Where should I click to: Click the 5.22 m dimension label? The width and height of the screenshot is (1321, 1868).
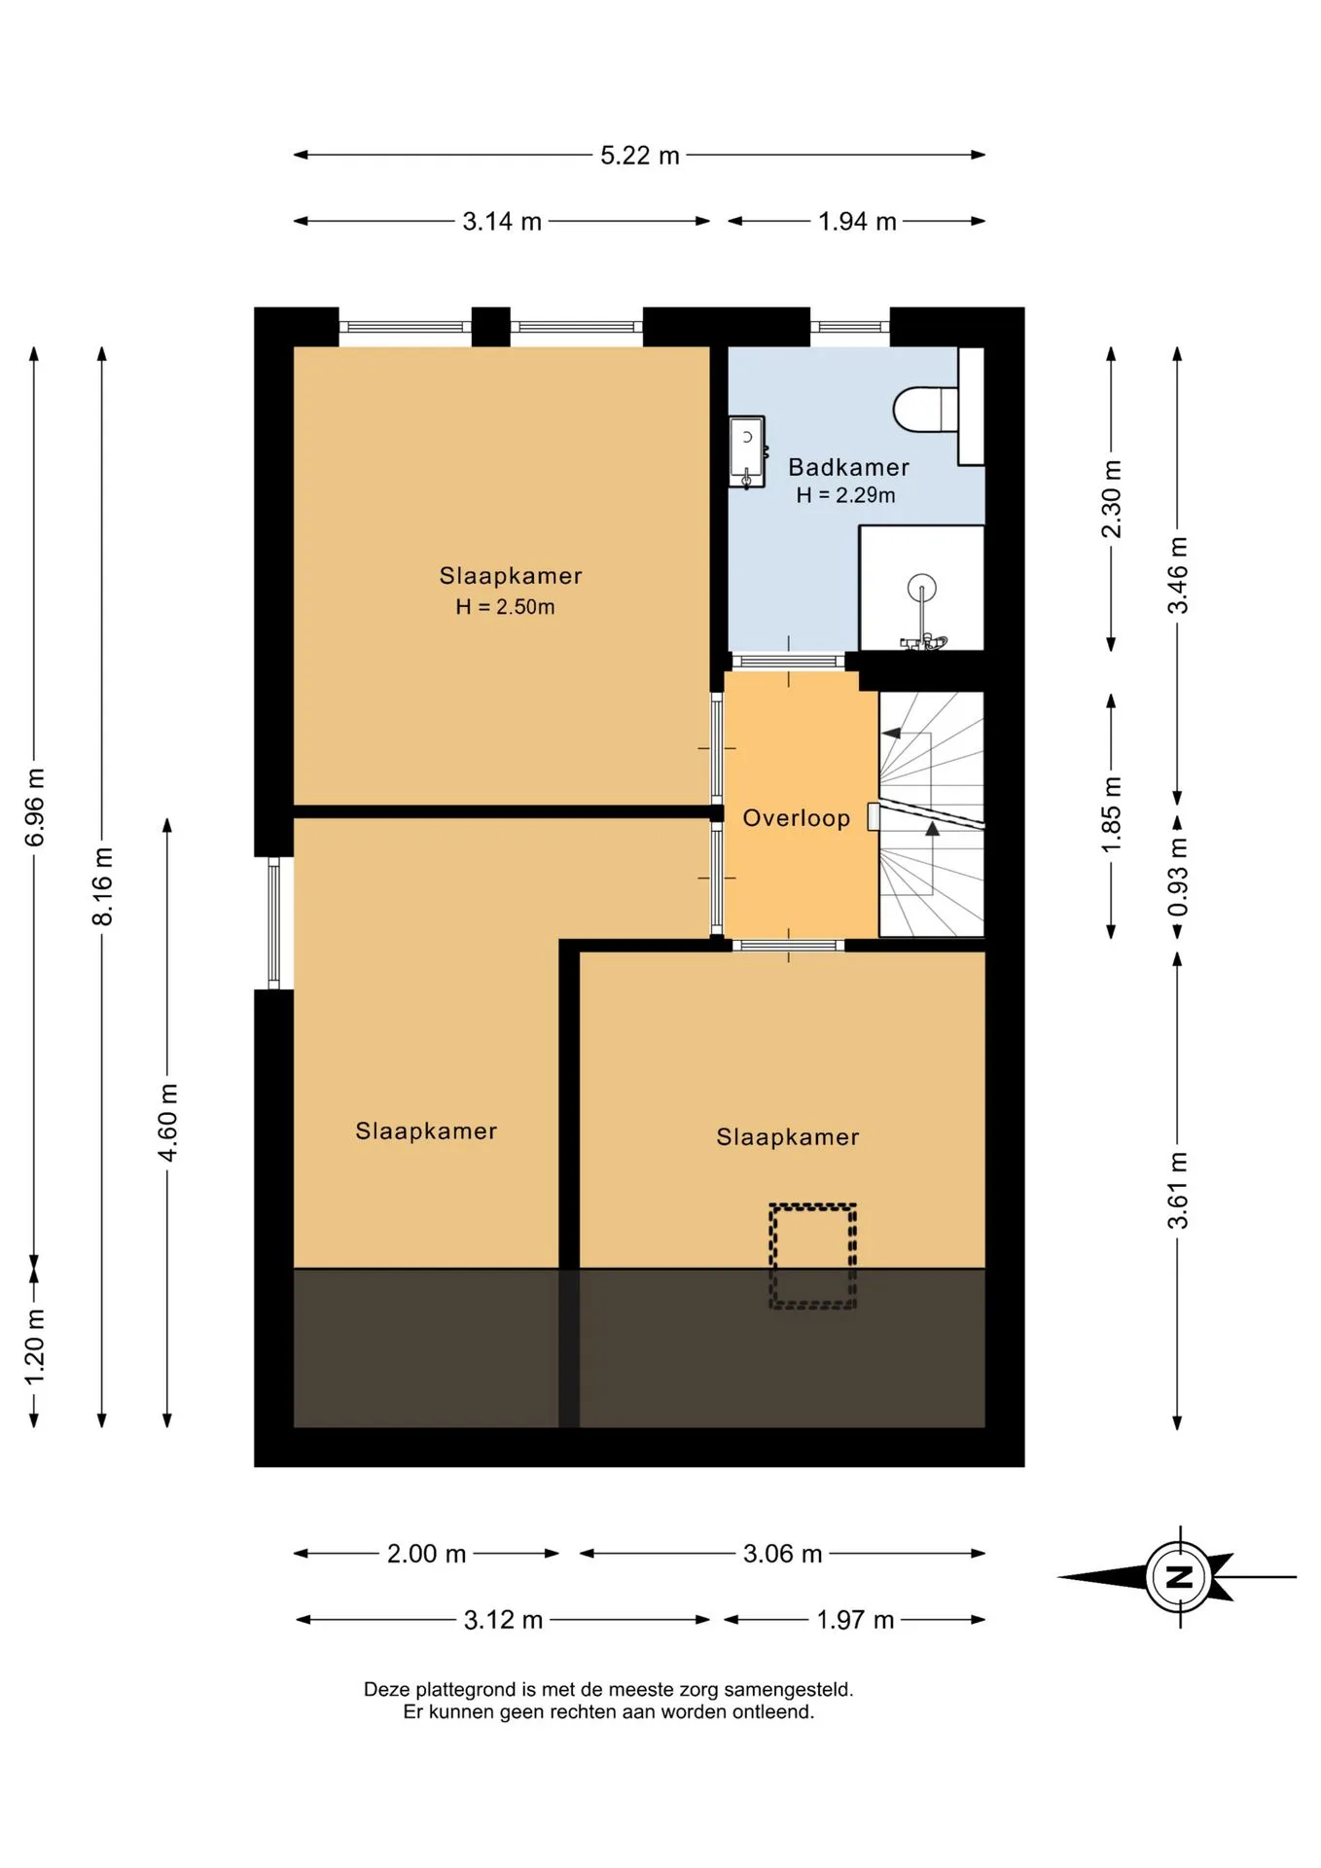[x=639, y=156]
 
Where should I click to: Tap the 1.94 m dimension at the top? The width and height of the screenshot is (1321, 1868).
[x=857, y=222]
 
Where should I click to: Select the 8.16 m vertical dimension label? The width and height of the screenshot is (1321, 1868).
[x=102, y=886]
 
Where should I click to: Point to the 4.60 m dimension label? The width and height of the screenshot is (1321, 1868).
[x=167, y=1122]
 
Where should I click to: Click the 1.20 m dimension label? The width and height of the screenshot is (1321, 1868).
[x=34, y=1347]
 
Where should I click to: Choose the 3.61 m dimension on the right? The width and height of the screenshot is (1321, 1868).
[x=1178, y=1190]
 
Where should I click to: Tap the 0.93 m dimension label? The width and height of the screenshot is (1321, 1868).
[x=1178, y=878]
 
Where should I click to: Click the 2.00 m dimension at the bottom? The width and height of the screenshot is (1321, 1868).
[x=426, y=1554]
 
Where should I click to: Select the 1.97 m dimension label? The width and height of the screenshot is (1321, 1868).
[x=855, y=1620]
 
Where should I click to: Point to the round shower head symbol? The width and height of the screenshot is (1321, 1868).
[x=921, y=588]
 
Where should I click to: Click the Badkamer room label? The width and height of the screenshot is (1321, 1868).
[x=848, y=468]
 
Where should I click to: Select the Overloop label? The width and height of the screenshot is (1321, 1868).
[x=797, y=818]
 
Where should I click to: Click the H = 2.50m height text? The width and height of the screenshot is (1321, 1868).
[x=505, y=607]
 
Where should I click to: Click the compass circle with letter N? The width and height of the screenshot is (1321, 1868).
[x=1179, y=1577]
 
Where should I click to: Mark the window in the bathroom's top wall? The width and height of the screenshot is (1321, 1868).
[x=850, y=327]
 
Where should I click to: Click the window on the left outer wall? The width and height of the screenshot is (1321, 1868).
[x=274, y=923]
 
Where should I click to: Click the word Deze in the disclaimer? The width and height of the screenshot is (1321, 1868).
[x=387, y=1690]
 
